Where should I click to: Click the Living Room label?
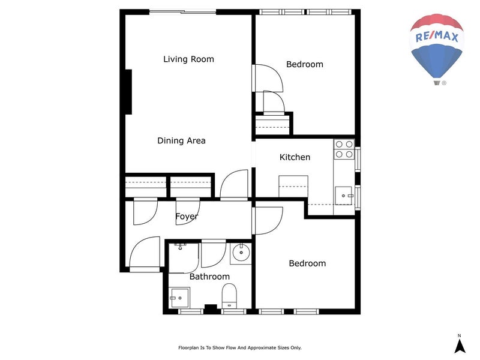188,59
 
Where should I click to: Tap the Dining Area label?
181,140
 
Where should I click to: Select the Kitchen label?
295,157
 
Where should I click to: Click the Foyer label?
187,217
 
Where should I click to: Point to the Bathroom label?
209,277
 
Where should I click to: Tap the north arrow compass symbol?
459,344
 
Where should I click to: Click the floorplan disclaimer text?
239,348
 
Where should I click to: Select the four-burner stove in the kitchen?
344,149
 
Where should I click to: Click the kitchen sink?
344,196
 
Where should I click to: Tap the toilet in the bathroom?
229,296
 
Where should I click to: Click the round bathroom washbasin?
241,253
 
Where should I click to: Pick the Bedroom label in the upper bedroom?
305,64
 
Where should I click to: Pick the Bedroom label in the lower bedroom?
307,263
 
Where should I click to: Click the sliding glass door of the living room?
183,12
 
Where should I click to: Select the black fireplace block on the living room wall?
128,92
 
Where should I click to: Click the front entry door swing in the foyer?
145,254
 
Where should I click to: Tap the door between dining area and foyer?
234,185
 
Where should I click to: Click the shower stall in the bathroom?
184,258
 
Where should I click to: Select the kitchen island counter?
293,187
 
